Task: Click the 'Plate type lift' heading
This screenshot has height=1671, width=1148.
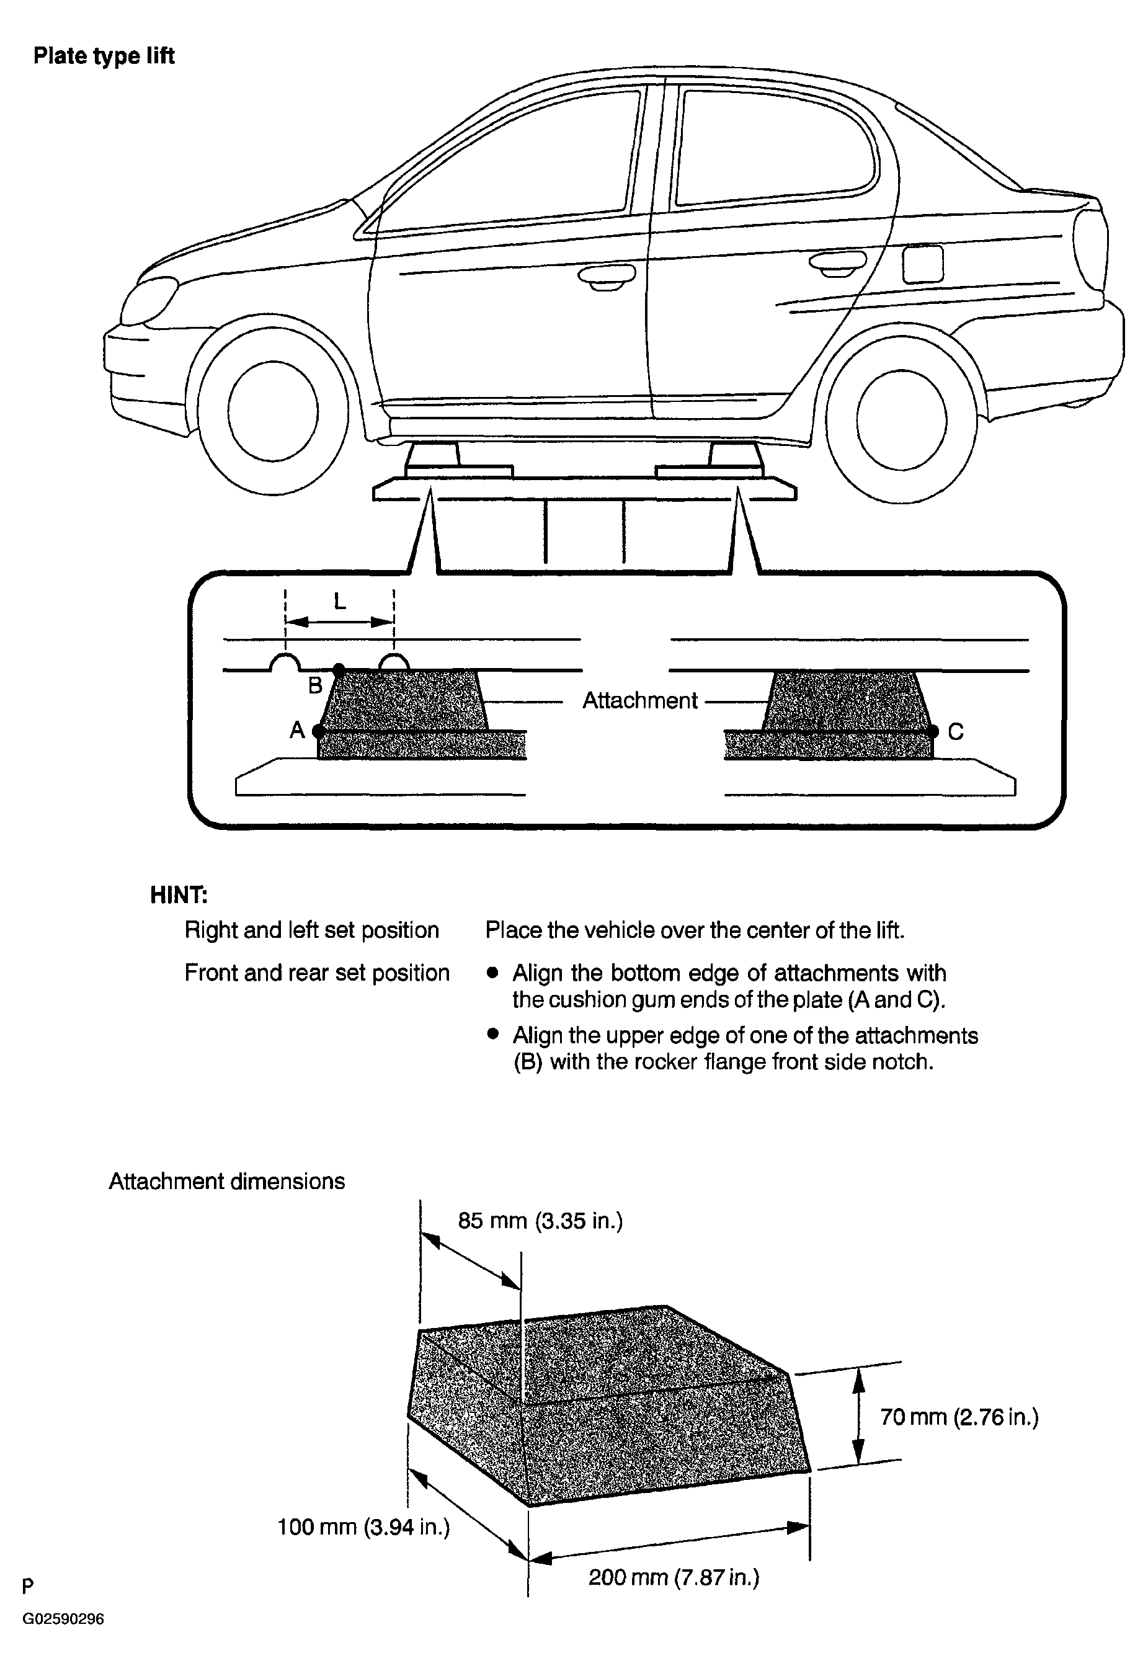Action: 104,56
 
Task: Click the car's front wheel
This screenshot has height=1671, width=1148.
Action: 273,410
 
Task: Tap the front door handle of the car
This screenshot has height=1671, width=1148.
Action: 607,276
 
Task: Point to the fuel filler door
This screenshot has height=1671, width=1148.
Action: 922,264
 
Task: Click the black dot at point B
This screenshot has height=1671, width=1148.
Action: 339,670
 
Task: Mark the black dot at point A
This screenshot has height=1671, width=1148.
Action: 319,731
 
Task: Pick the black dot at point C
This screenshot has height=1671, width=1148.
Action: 933,731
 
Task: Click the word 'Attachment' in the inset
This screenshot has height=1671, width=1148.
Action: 639,701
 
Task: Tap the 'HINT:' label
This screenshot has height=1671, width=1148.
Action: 179,895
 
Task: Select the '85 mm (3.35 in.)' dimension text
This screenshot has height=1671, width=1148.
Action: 540,1221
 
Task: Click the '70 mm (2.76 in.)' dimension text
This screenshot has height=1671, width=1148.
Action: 959,1418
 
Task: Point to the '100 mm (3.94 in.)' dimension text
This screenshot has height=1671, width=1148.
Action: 364,1526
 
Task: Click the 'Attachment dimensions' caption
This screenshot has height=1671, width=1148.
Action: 226,1182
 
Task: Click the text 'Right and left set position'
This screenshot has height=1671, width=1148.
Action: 311,930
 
